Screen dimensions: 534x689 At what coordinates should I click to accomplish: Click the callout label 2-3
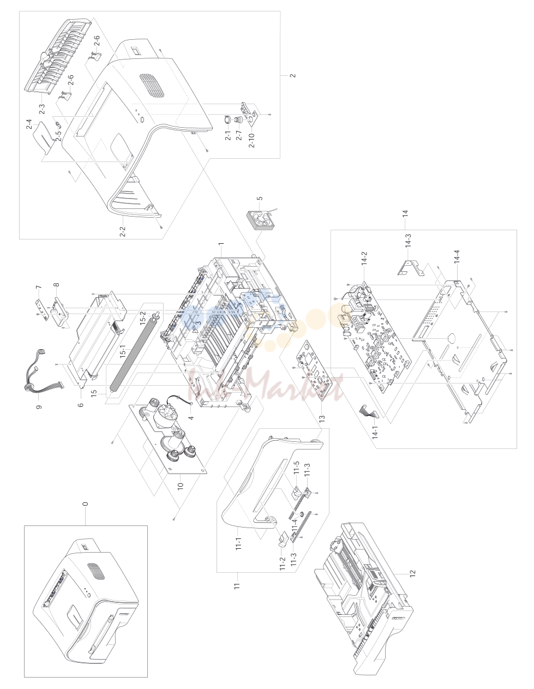point(42,109)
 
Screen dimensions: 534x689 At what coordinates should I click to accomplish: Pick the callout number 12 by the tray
point(412,573)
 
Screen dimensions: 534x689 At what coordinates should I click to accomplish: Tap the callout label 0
point(85,504)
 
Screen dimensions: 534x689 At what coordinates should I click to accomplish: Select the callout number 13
point(322,418)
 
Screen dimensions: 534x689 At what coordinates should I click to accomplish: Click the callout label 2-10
point(251,140)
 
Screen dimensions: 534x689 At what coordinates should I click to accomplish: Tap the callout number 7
point(38,287)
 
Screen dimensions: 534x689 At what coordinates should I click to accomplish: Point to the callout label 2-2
point(122,231)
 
